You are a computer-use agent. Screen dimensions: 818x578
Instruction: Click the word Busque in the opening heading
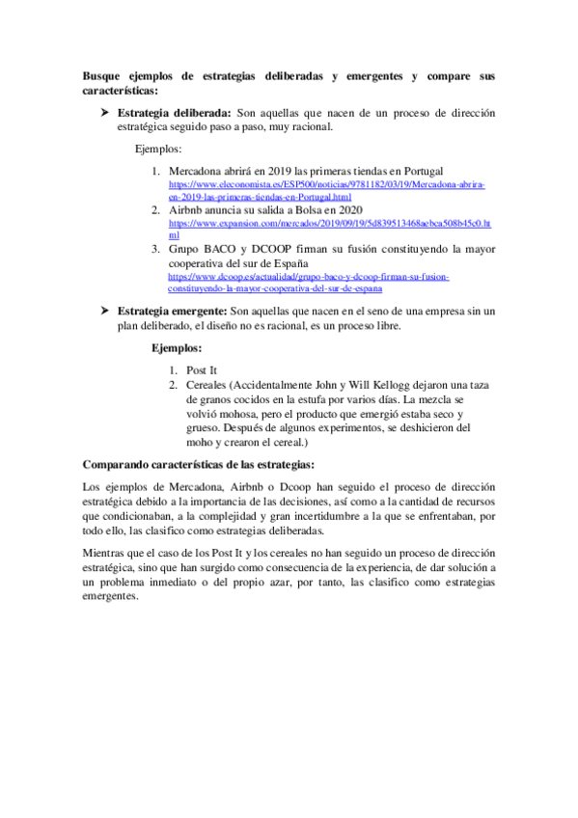click(x=104, y=74)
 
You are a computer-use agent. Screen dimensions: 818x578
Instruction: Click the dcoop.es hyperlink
click(x=309, y=282)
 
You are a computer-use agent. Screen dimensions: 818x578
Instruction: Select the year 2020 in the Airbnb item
click(x=347, y=208)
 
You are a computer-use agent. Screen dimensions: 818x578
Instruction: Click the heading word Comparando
click(x=120, y=464)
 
